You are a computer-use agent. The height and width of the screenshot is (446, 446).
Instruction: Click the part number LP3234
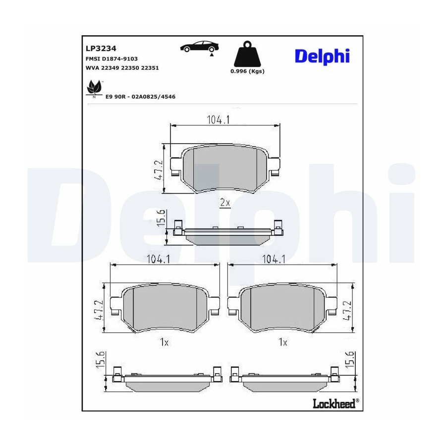[101, 49]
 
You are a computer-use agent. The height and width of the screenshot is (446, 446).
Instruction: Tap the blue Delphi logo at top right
[322, 56]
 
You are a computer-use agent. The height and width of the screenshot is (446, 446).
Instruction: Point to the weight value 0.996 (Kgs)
[247, 71]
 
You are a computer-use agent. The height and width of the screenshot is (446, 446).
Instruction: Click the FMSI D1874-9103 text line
[111, 58]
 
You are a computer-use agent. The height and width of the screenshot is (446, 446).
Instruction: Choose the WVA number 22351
[150, 68]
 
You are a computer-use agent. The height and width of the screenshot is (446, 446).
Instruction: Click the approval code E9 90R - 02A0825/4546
[141, 97]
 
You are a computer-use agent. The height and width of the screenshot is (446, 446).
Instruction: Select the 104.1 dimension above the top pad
[218, 120]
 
